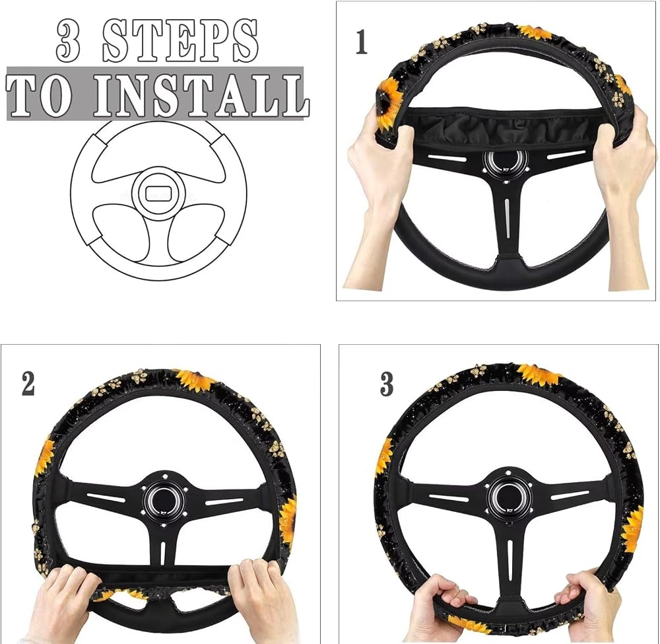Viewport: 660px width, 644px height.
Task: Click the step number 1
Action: pyautogui.click(x=362, y=42)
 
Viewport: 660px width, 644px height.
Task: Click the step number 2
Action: pyautogui.click(x=28, y=384)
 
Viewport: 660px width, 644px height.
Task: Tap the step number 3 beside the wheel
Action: pyautogui.click(x=387, y=384)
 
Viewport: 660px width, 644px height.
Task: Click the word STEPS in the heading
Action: pyautogui.click(x=180, y=41)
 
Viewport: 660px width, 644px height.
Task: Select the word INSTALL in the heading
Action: pyautogui.click(x=201, y=95)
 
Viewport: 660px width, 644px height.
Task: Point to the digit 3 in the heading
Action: pyautogui.click(x=68, y=42)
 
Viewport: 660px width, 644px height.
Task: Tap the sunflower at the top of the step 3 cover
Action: pyautogui.click(x=540, y=375)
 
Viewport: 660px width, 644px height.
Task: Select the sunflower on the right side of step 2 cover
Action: pyautogui.click(x=288, y=520)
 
